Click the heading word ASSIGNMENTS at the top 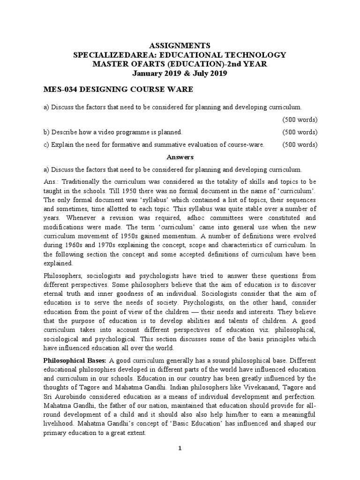click(180, 46)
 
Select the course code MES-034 click(60, 89)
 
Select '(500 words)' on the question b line click(300, 132)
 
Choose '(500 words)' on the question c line click(300, 145)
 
